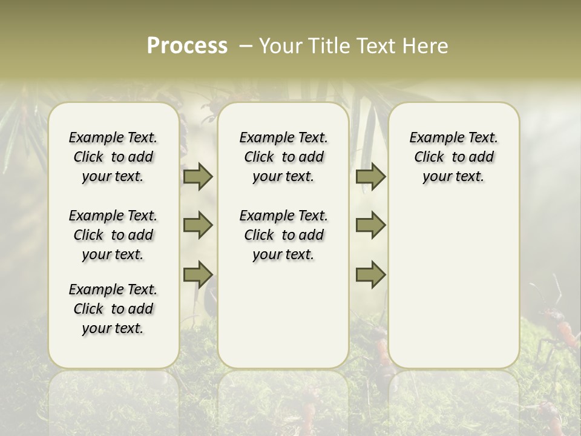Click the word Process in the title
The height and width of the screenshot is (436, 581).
point(187,46)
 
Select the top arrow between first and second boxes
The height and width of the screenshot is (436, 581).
point(198,177)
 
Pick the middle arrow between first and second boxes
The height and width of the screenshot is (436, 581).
point(198,225)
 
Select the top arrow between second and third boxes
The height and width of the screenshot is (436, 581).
point(370,177)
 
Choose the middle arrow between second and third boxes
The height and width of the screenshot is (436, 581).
point(370,225)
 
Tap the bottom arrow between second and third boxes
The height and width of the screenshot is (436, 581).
point(370,275)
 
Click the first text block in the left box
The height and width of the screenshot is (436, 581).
point(113,157)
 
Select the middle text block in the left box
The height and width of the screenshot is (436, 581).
point(113,235)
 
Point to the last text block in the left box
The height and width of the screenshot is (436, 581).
point(113,309)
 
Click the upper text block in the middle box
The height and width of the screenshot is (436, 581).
point(283,157)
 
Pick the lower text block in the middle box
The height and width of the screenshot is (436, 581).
point(283,235)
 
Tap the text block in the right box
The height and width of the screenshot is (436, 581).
point(453,157)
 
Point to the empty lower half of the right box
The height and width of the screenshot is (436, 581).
point(453,285)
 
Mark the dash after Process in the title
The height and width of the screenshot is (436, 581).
point(246,46)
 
